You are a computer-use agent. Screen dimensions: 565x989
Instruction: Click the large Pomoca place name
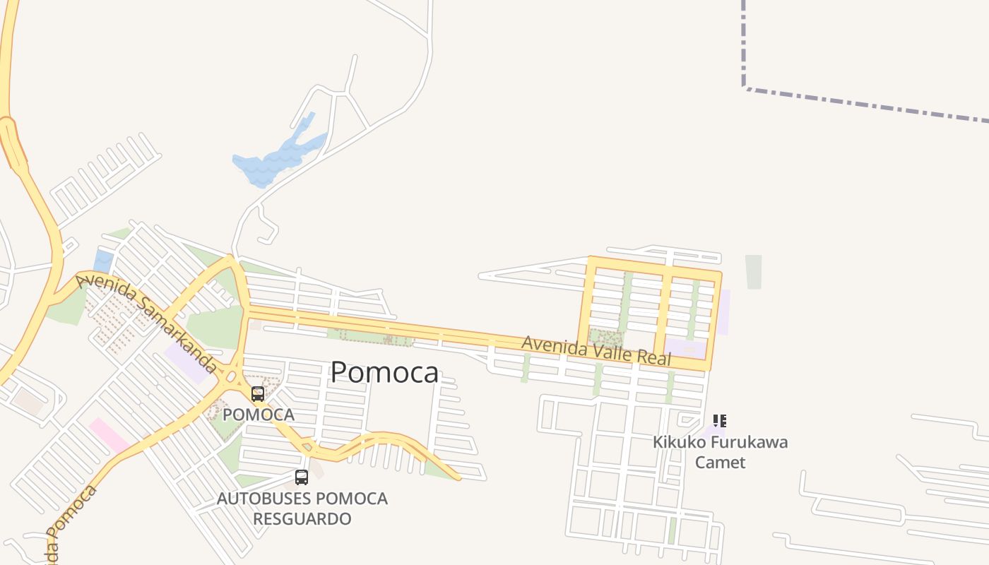point(384,372)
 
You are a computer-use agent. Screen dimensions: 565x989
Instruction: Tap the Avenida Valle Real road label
point(596,351)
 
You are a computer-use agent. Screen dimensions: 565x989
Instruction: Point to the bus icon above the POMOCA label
point(258,394)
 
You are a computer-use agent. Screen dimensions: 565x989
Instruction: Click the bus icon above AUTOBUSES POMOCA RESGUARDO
point(302,477)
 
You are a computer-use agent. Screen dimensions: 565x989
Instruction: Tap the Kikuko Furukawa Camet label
point(720,452)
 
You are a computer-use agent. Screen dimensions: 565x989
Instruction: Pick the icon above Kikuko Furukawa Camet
point(720,422)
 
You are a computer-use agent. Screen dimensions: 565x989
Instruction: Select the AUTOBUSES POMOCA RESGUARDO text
point(302,509)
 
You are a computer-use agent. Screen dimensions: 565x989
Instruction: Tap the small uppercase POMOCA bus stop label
point(259,415)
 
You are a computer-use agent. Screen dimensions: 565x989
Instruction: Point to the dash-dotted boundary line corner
point(745,88)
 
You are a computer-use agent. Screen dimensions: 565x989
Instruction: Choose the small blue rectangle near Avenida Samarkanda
point(103,261)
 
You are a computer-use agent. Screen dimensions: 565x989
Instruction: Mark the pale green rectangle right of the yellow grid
point(754,272)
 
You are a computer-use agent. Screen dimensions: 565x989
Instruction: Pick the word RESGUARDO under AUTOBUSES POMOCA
point(302,519)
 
